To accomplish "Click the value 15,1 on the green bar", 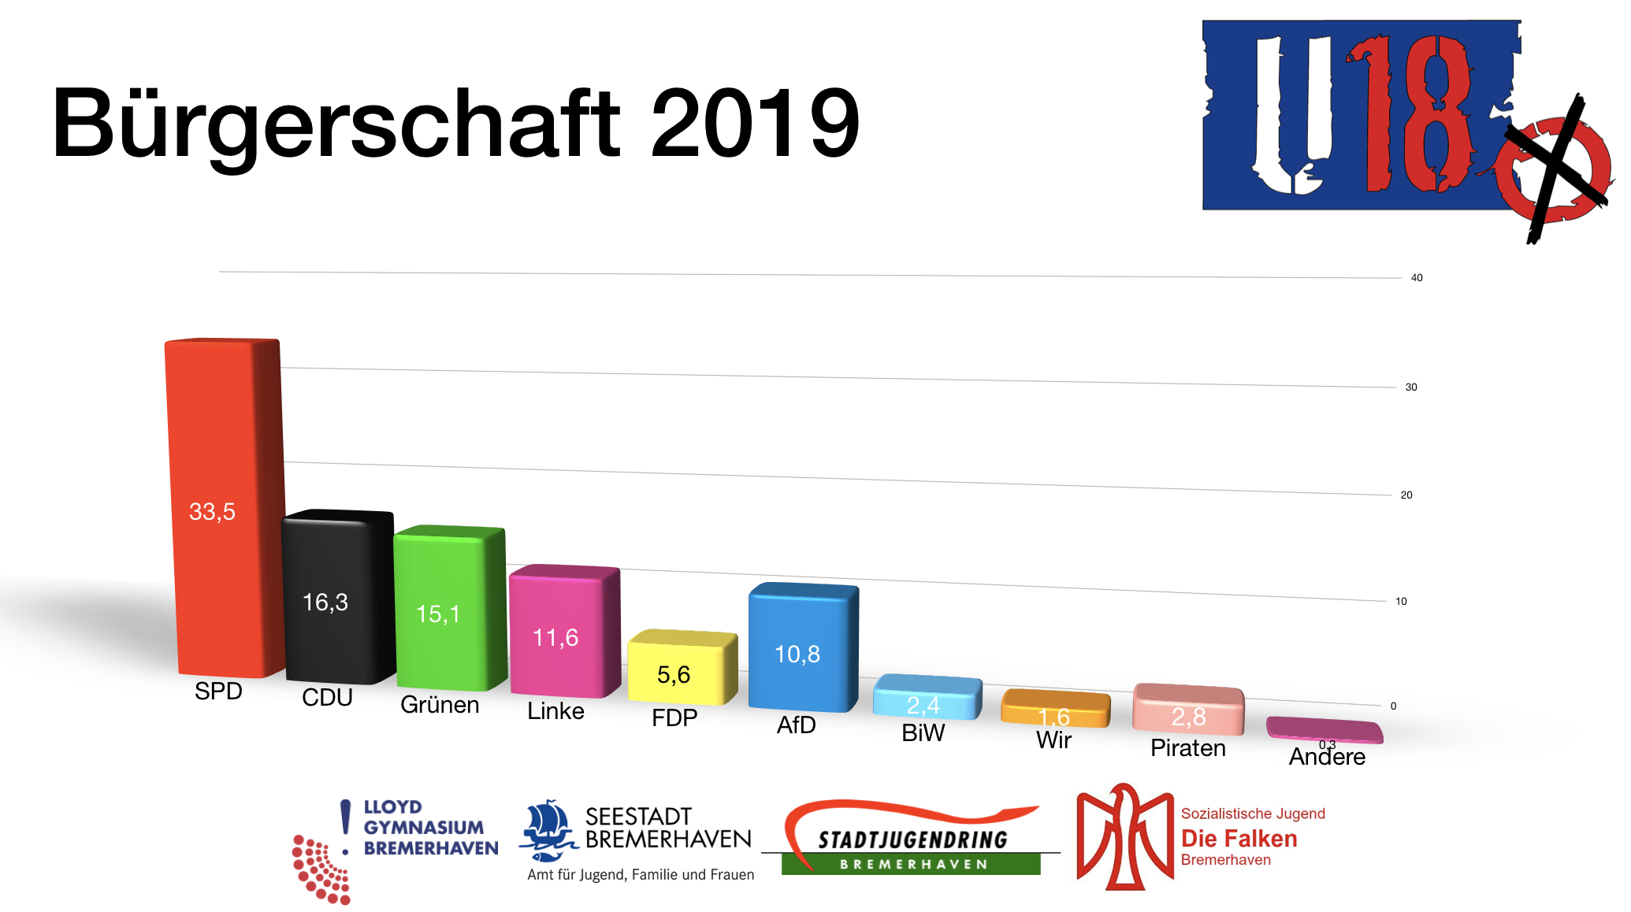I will [438, 614].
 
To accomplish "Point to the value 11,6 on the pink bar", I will [555, 638].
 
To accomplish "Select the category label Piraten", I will [1187, 748].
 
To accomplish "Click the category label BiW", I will [923, 733].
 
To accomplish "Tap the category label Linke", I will [555, 711].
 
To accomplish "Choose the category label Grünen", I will [440, 705].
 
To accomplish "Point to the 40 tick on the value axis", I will [1417, 278].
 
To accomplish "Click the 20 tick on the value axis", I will [1406, 495].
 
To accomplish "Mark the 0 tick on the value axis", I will [1393, 706].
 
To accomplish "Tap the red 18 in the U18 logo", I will [1410, 114].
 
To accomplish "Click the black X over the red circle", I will [1556, 169].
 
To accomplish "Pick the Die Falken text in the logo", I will [1239, 839].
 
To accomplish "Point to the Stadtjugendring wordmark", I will [912, 840].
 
